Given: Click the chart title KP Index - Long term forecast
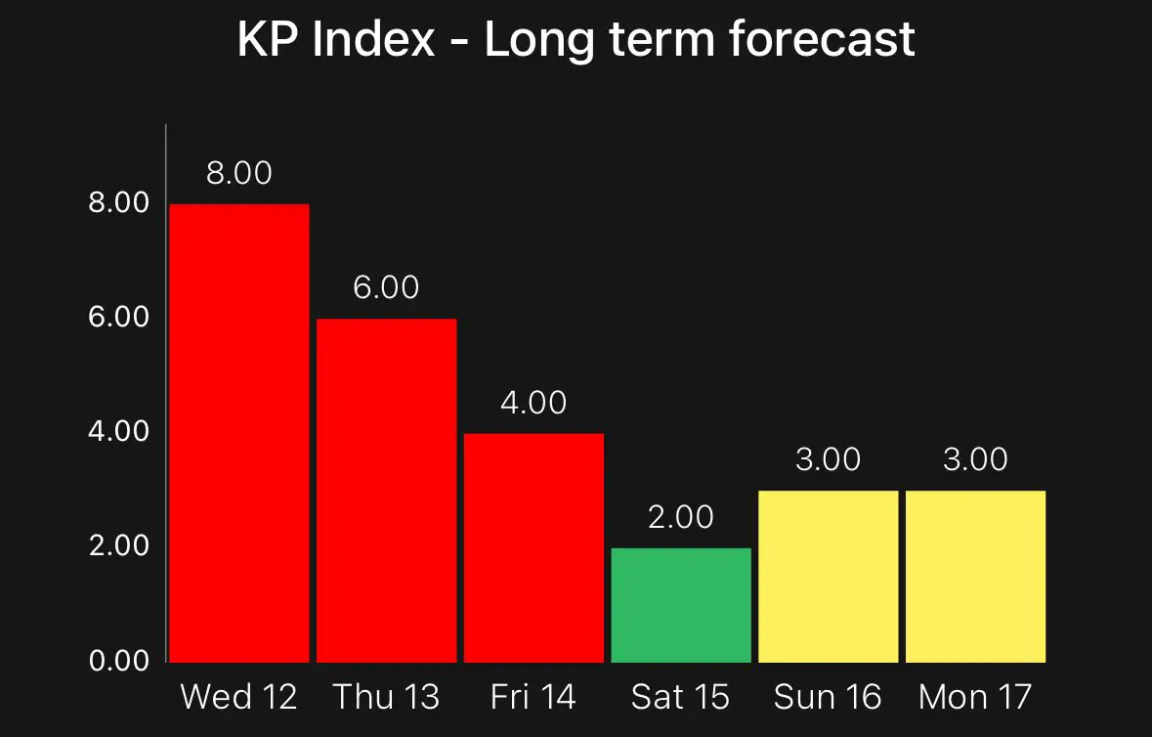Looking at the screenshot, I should point(576,41).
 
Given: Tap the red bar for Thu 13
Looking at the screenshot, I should point(386,490).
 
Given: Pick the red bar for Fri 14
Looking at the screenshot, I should point(533,547).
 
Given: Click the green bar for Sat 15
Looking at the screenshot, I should point(681,605).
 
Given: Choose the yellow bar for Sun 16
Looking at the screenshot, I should point(828,576).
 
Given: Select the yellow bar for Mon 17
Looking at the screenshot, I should point(975,576).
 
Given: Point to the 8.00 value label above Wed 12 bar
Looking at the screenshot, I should point(239,173).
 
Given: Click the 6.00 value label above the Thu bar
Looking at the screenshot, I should point(386,287).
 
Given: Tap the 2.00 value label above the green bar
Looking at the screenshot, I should point(681,517).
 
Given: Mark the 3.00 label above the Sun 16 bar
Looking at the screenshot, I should point(828,459).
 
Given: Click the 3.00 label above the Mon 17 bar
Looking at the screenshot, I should point(975,459).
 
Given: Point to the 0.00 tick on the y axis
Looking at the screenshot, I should point(119,661).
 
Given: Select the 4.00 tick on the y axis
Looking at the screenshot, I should point(119,431).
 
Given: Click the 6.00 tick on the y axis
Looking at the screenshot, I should point(119,317).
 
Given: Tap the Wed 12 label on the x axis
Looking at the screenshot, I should point(239,697).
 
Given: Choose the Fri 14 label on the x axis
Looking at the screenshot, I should point(533,697).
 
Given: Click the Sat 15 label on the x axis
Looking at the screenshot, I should point(681,697).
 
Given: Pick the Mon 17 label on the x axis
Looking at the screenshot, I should point(975,697).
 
